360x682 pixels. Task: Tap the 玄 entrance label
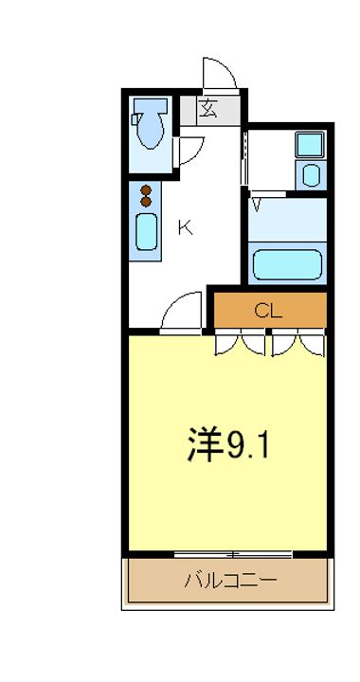click(208, 108)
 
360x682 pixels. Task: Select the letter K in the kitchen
click(186, 227)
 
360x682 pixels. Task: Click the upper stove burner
click(146, 189)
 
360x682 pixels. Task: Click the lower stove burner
click(146, 201)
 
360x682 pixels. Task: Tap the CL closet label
click(269, 310)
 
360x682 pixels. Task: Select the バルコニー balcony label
click(230, 580)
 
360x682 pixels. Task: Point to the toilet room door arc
click(190, 150)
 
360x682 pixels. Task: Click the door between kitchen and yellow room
click(181, 314)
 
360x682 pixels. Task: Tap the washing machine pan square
click(309, 145)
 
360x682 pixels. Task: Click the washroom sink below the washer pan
click(310, 174)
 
